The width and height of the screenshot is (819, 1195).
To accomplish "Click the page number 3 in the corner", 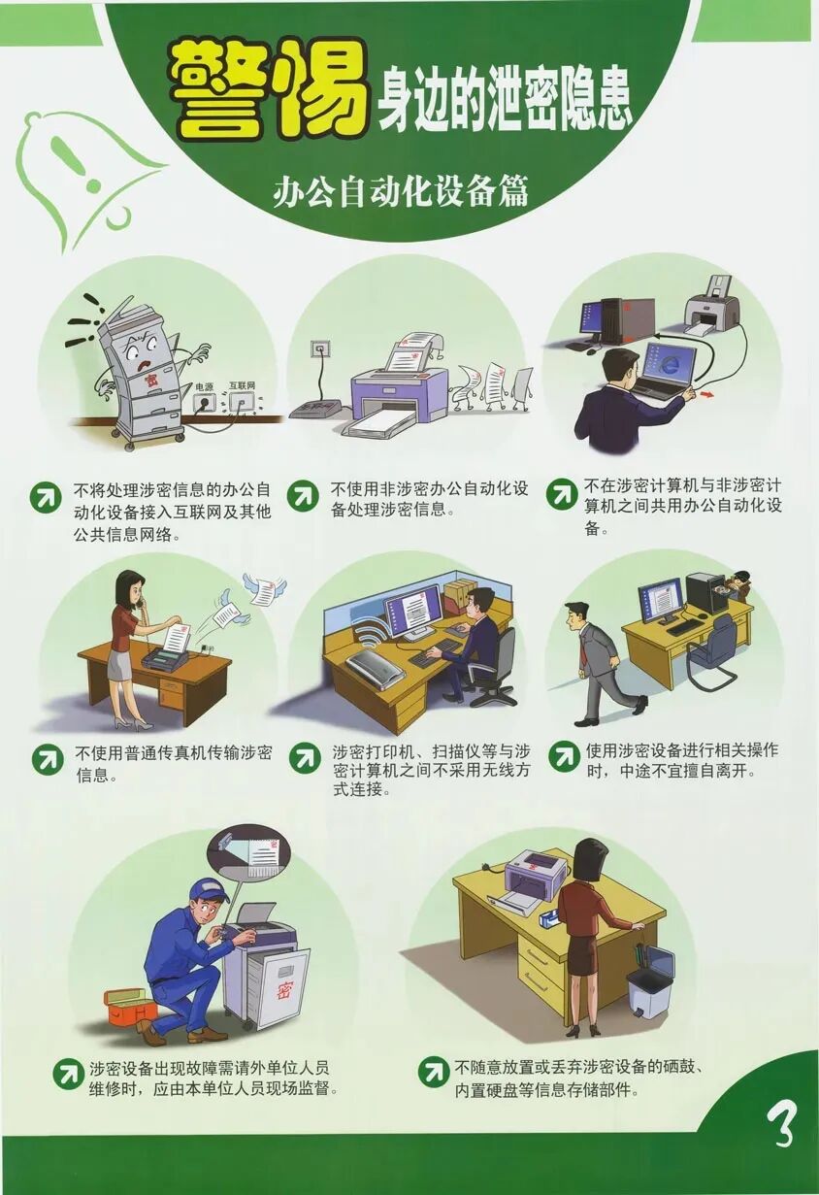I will click(781, 1124).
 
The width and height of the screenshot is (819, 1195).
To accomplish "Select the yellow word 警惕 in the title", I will click(268, 89).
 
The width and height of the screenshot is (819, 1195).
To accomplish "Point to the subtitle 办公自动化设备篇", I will click(400, 191).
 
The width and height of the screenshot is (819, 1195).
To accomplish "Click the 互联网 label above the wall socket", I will click(242, 385).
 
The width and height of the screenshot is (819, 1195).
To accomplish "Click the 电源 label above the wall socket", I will click(203, 385).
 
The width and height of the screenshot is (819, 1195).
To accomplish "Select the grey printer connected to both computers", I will click(712, 305).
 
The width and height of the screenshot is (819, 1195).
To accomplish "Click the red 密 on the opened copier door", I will click(284, 989).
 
